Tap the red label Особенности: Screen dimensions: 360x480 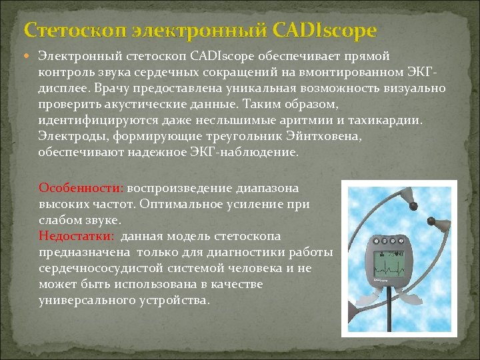[x=81, y=188]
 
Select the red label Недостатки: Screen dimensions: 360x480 [x=77, y=236]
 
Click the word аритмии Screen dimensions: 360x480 [x=304, y=121]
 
